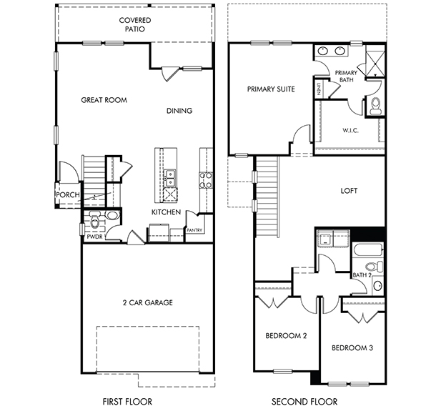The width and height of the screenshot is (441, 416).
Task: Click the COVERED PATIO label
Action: (x=135, y=25)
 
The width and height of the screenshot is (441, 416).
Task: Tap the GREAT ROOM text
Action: (x=104, y=100)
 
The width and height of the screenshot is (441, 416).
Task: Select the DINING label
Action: (x=179, y=111)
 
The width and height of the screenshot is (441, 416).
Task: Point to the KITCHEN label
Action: (x=167, y=212)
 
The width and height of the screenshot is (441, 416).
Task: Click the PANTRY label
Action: (x=194, y=230)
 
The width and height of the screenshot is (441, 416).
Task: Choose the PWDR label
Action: (x=95, y=237)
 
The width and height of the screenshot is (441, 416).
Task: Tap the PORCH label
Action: (x=68, y=194)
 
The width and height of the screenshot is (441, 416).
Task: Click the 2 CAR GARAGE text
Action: (x=148, y=302)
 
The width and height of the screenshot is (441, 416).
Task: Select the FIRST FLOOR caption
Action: (x=127, y=402)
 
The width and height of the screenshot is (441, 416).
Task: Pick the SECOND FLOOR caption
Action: (x=304, y=402)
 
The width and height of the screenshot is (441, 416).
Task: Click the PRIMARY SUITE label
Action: (x=271, y=89)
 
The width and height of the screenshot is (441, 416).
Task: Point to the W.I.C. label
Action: (x=350, y=131)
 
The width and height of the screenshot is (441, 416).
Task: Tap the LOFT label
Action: (x=349, y=191)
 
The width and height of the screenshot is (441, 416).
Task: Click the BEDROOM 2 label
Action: (x=287, y=336)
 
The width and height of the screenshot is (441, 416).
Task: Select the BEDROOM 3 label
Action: (x=352, y=348)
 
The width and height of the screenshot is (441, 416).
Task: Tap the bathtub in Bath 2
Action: (x=368, y=250)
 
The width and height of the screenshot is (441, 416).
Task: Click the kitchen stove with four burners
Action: (x=206, y=180)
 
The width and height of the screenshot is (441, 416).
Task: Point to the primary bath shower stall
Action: (x=375, y=64)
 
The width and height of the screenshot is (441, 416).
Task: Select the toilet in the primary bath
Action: (x=375, y=106)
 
